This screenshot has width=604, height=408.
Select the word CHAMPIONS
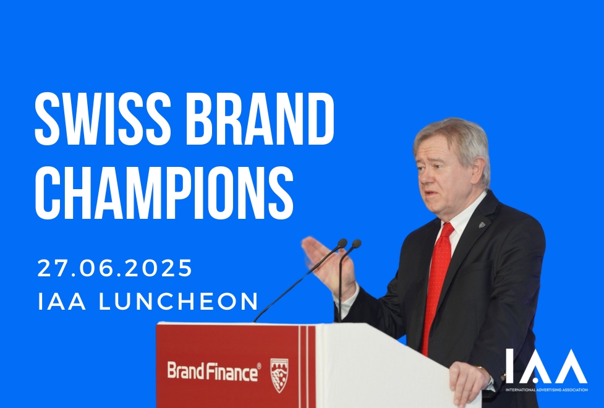[x=164, y=193]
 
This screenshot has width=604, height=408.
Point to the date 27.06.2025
[x=115, y=268]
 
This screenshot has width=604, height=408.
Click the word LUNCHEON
[x=178, y=301]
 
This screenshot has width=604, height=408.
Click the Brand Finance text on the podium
[x=214, y=372]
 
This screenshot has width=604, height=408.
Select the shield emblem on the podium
[x=279, y=375]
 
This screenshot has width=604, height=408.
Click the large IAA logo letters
[x=547, y=366]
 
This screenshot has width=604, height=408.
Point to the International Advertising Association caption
[x=547, y=389]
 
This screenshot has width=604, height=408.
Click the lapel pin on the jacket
[x=482, y=224]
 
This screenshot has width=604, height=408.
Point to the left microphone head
[x=342, y=243]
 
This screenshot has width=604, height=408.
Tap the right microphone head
[x=356, y=244]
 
